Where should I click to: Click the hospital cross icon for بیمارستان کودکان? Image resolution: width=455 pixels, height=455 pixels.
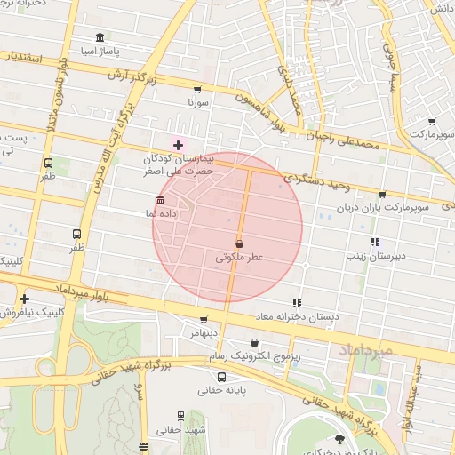(x=178, y=144)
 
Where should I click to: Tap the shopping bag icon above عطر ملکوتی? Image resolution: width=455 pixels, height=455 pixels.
(x=239, y=243)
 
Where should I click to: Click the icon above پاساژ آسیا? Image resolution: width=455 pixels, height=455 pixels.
(x=99, y=39)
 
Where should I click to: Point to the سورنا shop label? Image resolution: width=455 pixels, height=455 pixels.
(x=196, y=103)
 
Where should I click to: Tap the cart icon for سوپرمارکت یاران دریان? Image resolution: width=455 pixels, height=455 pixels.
(x=382, y=194)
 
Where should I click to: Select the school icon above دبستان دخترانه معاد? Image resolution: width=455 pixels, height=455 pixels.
(x=297, y=303)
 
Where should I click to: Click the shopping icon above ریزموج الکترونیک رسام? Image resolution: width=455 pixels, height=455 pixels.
(x=255, y=342)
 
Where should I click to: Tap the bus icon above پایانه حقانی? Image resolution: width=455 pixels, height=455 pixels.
(x=221, y=377)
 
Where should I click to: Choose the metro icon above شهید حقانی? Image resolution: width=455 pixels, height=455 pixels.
(x=181, y=416)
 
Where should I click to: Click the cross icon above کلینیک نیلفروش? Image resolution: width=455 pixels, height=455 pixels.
(x=24, y=299)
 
